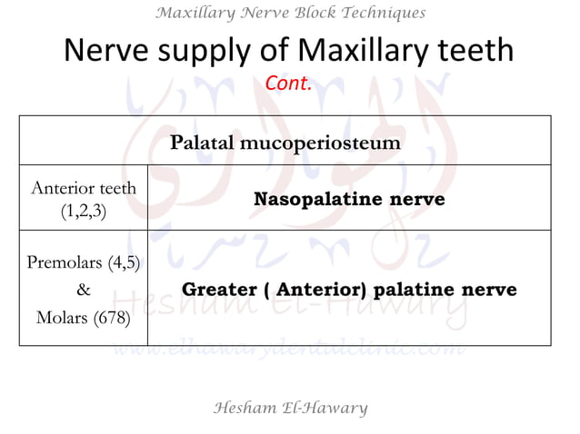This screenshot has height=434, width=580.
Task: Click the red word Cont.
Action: (x=289, y=84)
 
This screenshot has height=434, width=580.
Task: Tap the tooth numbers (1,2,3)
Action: (x=84, y=211)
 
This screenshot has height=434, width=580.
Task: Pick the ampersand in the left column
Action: (x=84, y=291)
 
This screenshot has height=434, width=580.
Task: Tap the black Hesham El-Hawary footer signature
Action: (x=289, y=408)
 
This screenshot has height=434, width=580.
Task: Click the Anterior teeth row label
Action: (x=84, y=188)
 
